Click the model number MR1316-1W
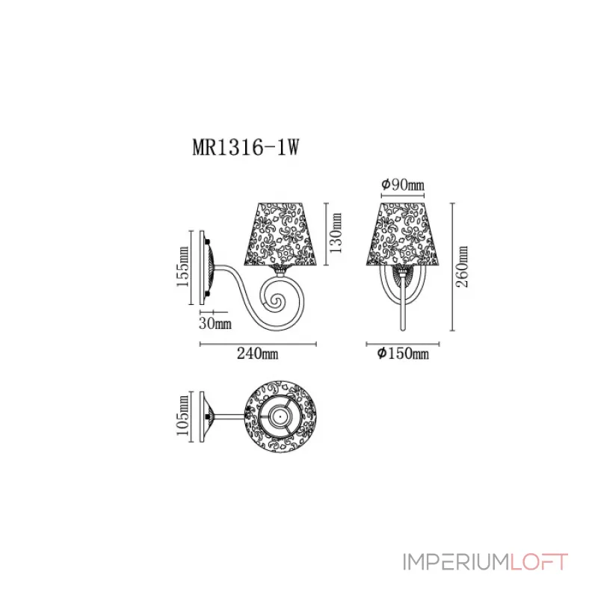(246, 147)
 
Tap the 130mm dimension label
(336, 232)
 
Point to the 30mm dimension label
(215, 323)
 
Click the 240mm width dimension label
(257, 354)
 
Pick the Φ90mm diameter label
(402, 185)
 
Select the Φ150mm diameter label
(401, 354)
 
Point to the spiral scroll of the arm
(276, 300)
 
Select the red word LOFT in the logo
(540, 562)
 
